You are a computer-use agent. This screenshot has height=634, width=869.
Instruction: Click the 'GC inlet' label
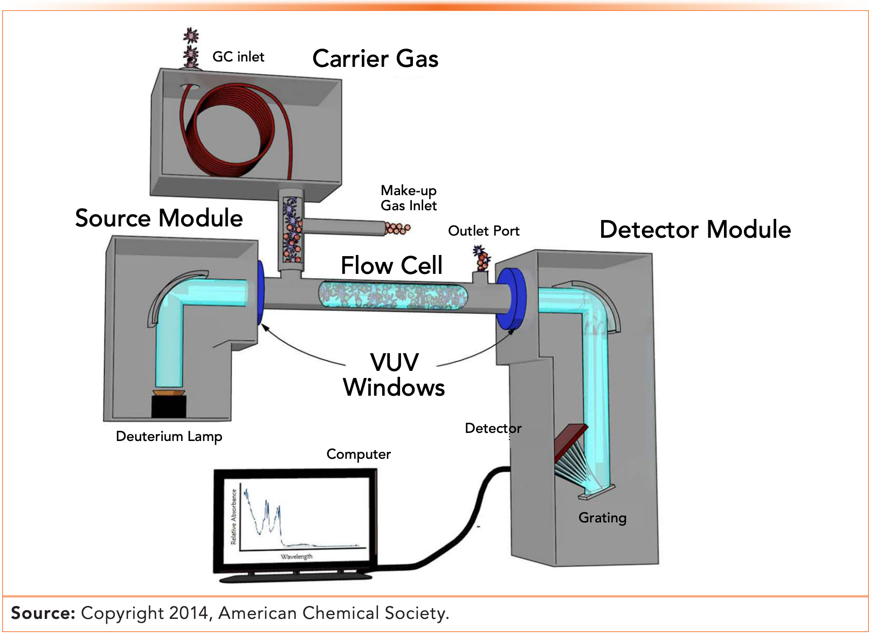238,57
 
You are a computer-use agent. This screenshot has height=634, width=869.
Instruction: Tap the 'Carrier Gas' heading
375,58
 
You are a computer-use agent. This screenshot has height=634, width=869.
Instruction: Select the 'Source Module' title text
159,218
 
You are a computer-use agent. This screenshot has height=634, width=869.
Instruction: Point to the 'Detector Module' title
695,229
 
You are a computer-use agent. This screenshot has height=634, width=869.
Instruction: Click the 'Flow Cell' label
391,265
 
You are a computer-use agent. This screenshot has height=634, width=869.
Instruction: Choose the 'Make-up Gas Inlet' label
409,198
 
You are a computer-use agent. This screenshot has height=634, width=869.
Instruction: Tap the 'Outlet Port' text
484,231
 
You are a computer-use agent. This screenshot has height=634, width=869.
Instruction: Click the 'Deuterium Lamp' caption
169,436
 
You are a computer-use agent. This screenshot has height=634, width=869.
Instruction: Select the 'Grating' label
602,518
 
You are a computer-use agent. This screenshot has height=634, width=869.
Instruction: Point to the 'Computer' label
358,454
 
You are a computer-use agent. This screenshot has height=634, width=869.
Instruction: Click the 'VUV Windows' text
394,375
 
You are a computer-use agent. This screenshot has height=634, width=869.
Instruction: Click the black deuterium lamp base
169,407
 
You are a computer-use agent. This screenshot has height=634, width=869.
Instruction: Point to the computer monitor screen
295,520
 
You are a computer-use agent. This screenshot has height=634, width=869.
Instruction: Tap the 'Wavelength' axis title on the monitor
296,556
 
